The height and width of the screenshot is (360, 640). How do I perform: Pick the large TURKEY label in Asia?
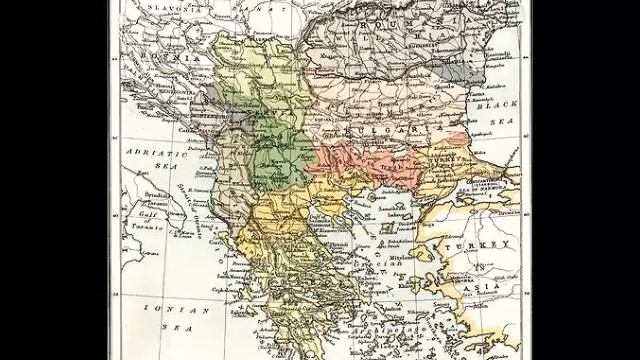click(x=487, y=244)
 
